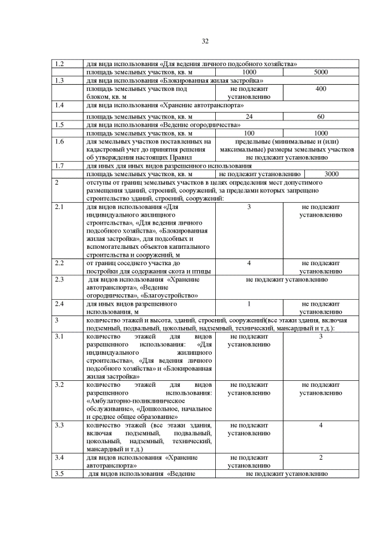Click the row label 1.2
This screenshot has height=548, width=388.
pyautogui.click(x=59, y=64)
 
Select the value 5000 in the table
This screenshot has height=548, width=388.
pyautogui.click(x=321, y=72)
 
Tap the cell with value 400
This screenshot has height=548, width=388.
pyautogui.click(x=321, y=89)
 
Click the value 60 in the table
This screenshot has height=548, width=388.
pyautogui.click(x=321, y=116)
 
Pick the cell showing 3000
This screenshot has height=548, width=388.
pyautogui.click(x=331, y=174)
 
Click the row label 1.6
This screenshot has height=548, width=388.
pyautogui.click(x=59, y=141)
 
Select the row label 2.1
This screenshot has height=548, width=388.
pyautogui.click(x=59, y=207)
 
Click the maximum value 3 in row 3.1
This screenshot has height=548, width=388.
pyautogui.click(x=321, y=336)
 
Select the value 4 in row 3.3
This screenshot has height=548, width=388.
pyautogui.click(x=321, y=425)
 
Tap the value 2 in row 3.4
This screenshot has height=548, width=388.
pyautogui.click(x=321, y=458)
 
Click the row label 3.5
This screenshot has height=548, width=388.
pyautogui.click(x=59, y=474)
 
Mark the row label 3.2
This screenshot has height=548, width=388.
pyautogui.click(x=59, y=385)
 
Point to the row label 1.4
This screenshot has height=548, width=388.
pyautogui.click(x=59, y=105)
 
